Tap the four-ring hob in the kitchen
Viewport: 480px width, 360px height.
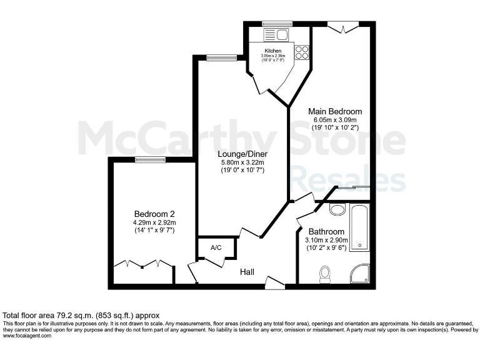click(302, 52)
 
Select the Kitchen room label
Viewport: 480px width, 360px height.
click(273, 51)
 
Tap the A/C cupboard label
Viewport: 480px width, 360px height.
click(216, 248)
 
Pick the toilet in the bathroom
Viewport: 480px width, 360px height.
click(324, 274)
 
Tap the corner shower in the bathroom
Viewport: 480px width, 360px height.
click(361, 274)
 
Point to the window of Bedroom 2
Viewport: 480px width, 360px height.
click(150, 160)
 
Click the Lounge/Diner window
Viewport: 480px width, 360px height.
click(217, 58)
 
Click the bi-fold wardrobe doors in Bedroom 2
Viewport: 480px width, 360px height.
click(143, 264)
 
